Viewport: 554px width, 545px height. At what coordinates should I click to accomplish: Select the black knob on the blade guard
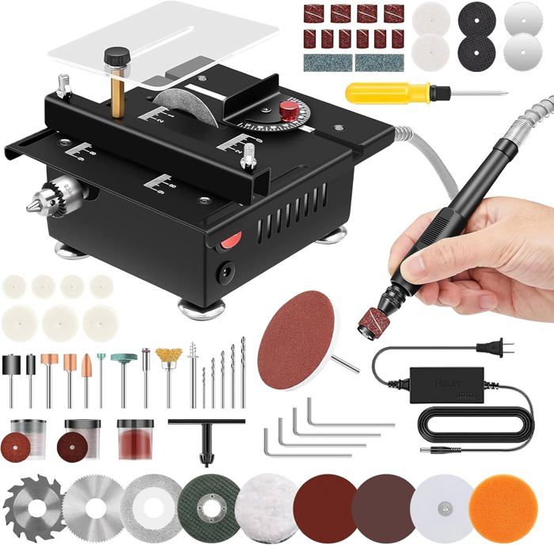coord(118,57)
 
